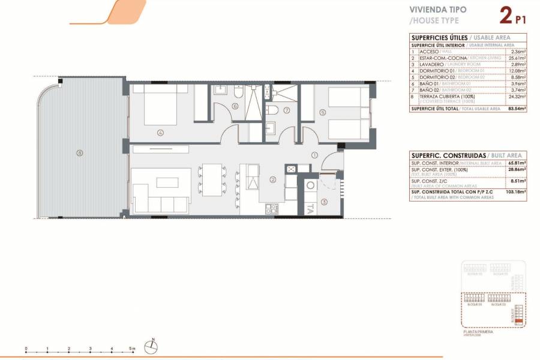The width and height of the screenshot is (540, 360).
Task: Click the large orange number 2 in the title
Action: click(505, 14)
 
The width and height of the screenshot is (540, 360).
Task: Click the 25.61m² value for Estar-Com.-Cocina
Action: click(517, 58)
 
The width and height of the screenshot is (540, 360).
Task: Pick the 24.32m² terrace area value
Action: click(517, 97)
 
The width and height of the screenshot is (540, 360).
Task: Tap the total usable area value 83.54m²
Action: click(517, 109)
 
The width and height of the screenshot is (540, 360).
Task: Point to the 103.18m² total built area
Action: click(517, 191)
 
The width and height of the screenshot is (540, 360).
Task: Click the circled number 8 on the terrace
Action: click(79, 152)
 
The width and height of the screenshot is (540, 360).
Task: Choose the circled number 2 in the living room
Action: click(272, 179)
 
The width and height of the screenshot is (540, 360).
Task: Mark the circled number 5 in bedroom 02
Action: click(322, 111)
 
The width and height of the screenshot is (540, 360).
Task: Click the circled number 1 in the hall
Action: click(314, 155)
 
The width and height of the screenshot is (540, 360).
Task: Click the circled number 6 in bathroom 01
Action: click(235, 106)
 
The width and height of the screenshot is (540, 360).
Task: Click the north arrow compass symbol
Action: click(154, 345)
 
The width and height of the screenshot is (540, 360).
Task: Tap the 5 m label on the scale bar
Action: click(133, 348)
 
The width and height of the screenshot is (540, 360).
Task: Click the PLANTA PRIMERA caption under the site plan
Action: click(479, 331)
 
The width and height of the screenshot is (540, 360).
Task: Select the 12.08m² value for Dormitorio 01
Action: click(517, 71)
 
